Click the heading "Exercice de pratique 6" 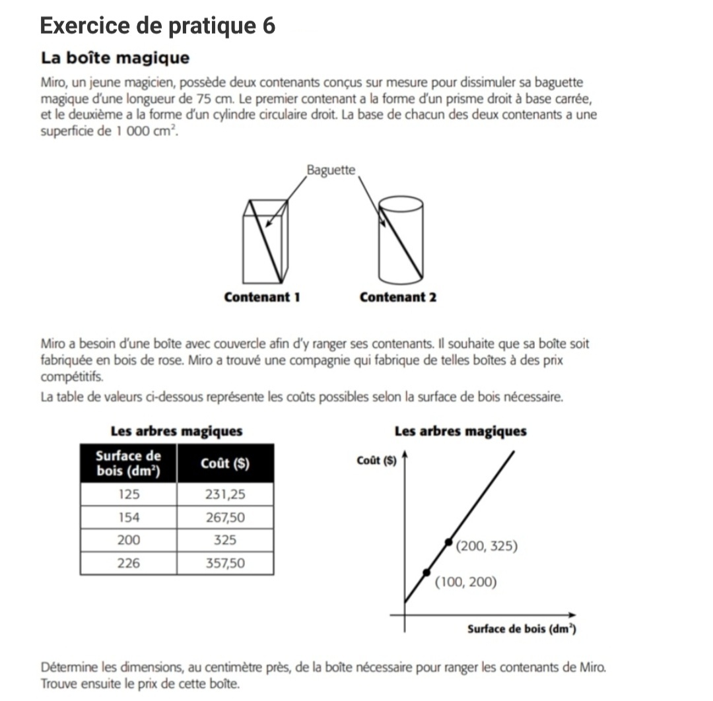pyautogui.click(x=157, y=26)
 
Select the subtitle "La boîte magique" pyautogui.click(x=115, y=58)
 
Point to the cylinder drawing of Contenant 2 pyautogui.click(x=400, y=237)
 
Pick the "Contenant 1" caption pyautogui.click(x=262, y=297)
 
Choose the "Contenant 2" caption pyautogui.click(x=398, y=297)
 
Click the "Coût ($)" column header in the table pyautogui.click(x=224, y=463)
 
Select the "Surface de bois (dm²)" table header pyautogui.click(x=128, y=463)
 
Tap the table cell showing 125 pyautogui.click(x=128, y=494)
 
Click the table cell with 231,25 pyautogui.click(x=224, y=494)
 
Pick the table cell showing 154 pyautogui.click(x=128, y=517)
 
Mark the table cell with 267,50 pyautogui.click(x=224, y=517)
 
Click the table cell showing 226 pyautogui.click(x=128, y=563)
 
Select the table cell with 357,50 pyautogui.click(x=224, y=563)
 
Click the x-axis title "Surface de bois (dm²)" pyautogui.click(x=522, y=629)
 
